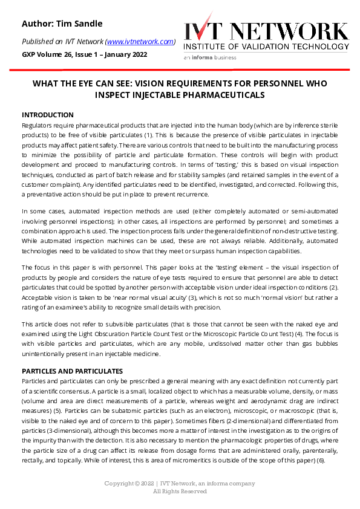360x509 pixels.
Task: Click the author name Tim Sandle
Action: click(79, 24)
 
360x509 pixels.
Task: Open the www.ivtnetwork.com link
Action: click(140, 42)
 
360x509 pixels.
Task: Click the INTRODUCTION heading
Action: click(48, 115)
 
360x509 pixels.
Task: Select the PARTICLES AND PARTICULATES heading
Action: click(73, 371)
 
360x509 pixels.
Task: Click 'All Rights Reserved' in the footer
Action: click(180, 491)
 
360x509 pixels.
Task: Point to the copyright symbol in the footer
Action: click(137, 484)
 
